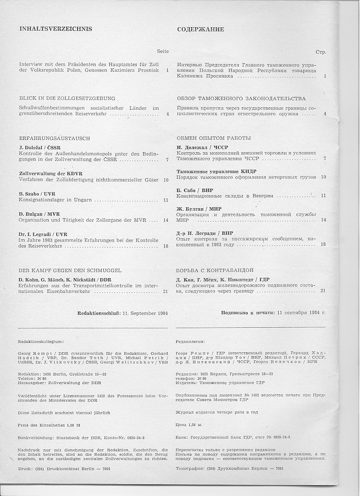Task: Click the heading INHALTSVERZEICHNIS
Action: point(55,29)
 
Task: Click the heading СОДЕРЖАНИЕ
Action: point(200,30)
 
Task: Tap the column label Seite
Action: point(163,51)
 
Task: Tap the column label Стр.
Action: point(321,52)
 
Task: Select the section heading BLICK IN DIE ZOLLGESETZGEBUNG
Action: point(67,98)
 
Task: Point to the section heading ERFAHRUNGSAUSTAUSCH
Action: point(55,138)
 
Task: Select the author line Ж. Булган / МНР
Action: point(199,209)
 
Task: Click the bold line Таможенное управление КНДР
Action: point(216,171)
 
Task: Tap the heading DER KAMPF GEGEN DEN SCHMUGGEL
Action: point(70,270)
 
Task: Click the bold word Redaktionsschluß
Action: point(99,313)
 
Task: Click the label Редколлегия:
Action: point(190,341)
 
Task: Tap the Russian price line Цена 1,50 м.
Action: point(189,424)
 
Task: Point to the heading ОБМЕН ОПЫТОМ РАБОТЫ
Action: point(214,138)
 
